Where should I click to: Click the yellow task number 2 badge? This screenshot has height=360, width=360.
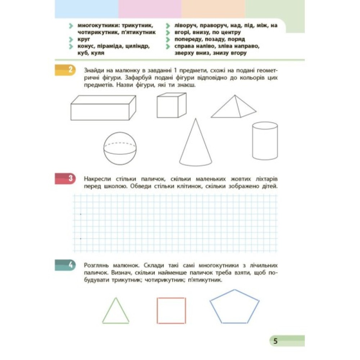(x=65, y=70)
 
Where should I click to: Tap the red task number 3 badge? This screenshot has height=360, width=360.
(x=65, y=179)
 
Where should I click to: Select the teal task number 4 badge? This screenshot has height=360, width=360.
(x=65, y=265)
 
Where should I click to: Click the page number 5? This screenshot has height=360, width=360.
(x=275, y=341)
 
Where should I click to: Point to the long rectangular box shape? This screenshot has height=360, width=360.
(x=103, y=108)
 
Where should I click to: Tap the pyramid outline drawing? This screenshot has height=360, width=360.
(x=234, y=107)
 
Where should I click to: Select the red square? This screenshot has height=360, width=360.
(x=171, y=310)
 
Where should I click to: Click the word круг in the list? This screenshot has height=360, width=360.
(x=84, y=39)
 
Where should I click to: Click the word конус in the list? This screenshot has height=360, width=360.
(x=87, y=46)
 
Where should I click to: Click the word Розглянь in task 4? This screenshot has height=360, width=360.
(x=96, y=265)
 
